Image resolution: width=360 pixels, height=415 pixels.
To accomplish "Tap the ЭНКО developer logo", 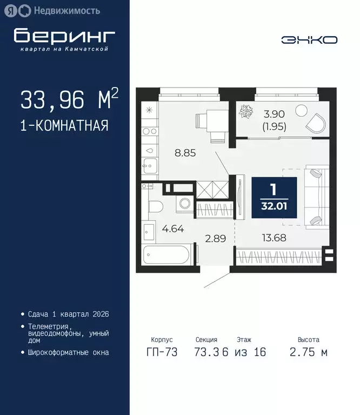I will click(309, 40).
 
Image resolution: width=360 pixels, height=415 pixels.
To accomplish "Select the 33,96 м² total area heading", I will click(69, 99).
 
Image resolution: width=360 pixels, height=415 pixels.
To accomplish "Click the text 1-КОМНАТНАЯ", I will click(64, 126).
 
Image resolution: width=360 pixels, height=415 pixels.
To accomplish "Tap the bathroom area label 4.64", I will click(173, 228).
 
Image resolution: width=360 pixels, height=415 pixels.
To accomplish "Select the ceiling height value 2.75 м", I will click(308, 353).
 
